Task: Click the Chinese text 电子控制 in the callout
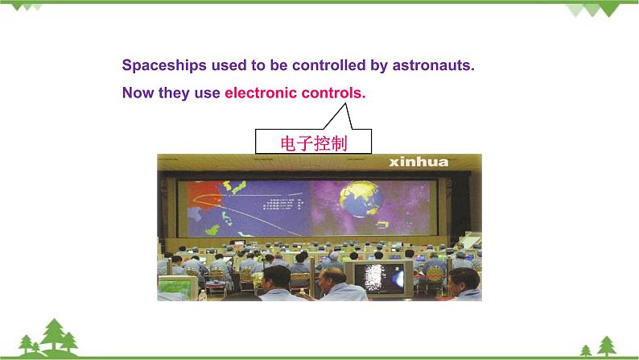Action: [x=313, y=143]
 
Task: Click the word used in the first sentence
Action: [x=221, y=65]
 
